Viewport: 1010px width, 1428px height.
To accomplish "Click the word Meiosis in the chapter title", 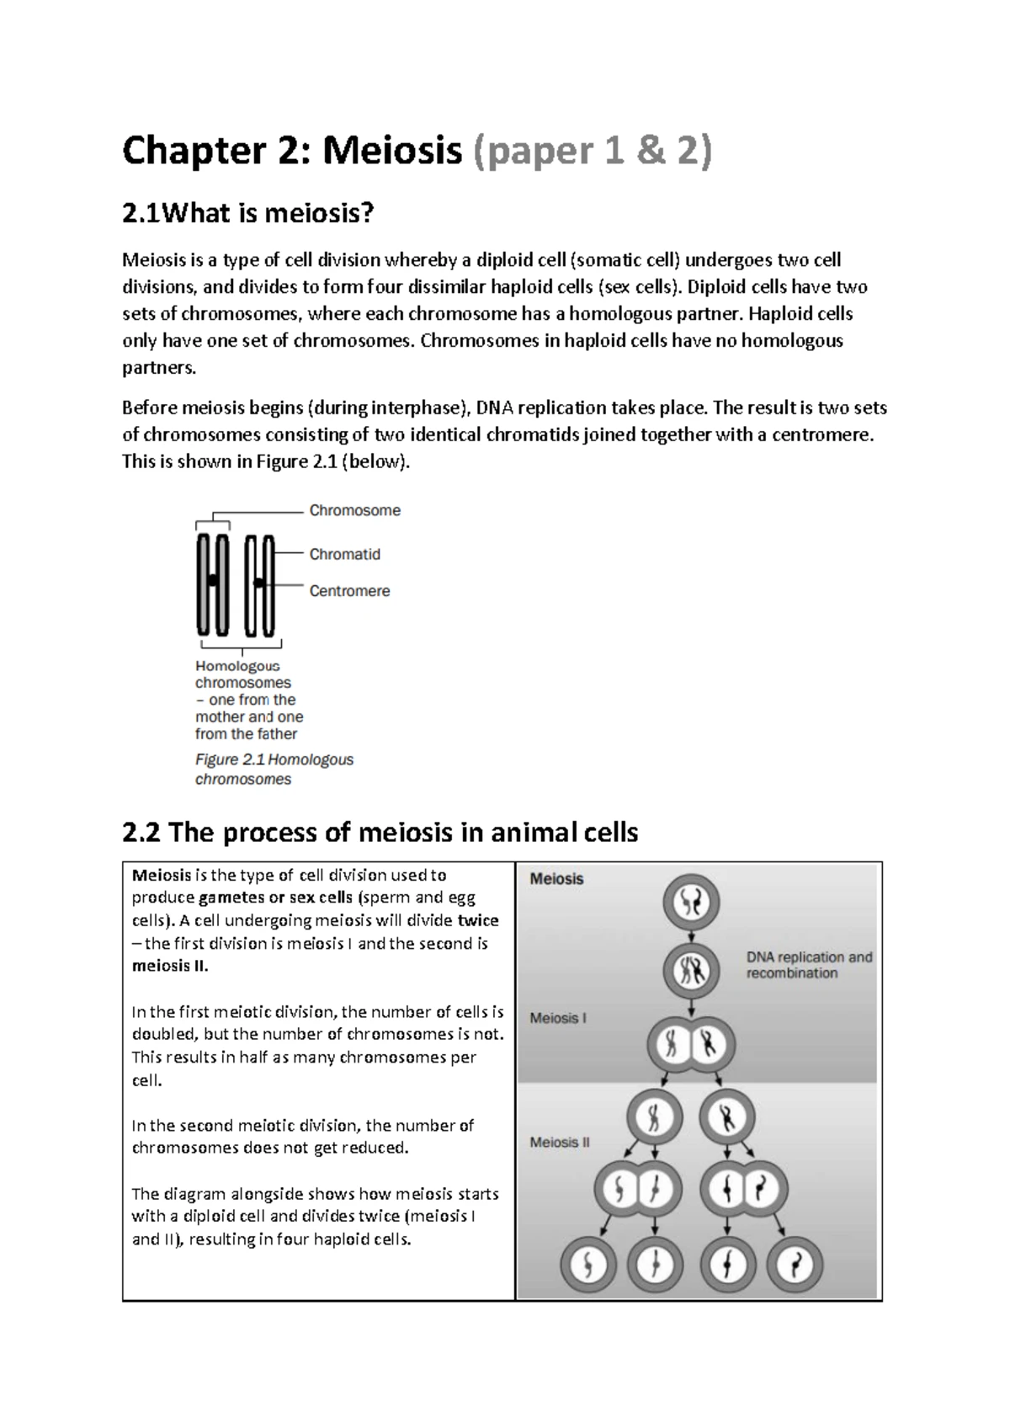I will click(x=392, y=152).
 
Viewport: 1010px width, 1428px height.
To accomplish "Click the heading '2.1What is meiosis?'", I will click(x=247, y=214).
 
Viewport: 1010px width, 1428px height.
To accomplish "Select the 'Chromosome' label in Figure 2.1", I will click(x=354, y=510).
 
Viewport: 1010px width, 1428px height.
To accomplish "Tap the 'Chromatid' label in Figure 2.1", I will click(x=344, y=554).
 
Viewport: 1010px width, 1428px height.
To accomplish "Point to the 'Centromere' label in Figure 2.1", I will click(x=349, y=591).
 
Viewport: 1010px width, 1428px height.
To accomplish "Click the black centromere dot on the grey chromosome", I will click(x=213, y=580).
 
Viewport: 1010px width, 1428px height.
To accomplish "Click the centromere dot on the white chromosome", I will click(x=259, y=583).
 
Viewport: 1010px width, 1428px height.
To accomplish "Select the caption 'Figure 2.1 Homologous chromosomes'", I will click(x=274, y=769).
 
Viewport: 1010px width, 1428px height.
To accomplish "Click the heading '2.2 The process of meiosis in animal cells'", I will click(x=380, y=833).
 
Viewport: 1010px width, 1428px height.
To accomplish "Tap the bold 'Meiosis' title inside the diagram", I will click(x=556, y=879).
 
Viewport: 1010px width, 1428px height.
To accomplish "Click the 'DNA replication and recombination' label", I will click(x=809, y=965).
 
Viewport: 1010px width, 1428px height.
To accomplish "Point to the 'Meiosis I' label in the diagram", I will click(x=557, y=1018).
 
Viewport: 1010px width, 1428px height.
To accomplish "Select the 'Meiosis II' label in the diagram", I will click(x=560, y=1143).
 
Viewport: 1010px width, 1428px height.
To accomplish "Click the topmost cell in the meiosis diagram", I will click(x=691, y=903).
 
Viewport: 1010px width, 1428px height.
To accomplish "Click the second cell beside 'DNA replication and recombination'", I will click(x=691, y=971).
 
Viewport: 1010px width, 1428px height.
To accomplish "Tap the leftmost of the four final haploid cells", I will click(x=588, y=1265).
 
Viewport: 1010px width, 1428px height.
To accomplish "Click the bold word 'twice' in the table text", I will click(x=478, y=920).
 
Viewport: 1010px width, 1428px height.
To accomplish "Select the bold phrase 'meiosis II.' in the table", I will click(x=170, y=966).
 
